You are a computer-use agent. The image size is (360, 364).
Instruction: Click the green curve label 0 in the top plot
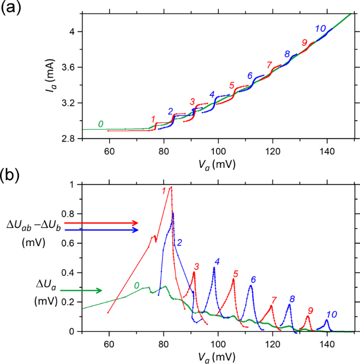pyautogui.click(x=101, y=124)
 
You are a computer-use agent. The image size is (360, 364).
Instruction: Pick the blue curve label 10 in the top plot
pyautogui.click(x=320, y=29)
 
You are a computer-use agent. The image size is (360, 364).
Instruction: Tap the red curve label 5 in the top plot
pyautogui.click(x=232, y=86)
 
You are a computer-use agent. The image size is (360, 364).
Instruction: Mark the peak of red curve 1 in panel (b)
pyautogui.click(x=171, y=187)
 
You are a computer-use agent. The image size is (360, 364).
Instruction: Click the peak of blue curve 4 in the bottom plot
pyautogui.click(x=214, y=268)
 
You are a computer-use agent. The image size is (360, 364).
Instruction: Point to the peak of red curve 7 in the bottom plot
pyautogui.click(x=271, y=306)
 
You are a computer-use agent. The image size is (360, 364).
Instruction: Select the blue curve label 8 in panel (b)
pyautogui.click(x=292, y=299)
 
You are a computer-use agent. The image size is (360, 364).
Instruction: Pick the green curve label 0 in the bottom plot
pyautogui.click(x=136, y=286)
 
